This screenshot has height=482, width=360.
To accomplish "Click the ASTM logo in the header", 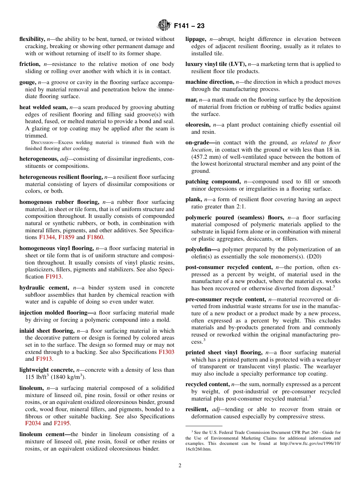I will point(164,26).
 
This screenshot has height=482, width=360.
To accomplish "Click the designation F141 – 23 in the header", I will point(189,26).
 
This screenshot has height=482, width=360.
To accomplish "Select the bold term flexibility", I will point(32,39).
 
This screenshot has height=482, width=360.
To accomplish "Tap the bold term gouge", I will point(27,82).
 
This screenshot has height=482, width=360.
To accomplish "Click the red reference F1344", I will point(47,238).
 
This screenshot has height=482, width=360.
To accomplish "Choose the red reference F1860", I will point(95,238).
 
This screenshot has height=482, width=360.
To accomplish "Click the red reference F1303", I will point(166,352).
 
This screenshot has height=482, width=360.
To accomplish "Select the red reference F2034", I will point(33,423).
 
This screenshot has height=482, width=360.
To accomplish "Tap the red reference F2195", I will point(62,423).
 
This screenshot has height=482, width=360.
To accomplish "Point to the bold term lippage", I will point(196,39).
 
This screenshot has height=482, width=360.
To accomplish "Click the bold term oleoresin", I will point(198,125).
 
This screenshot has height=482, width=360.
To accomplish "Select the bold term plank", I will point(193,199).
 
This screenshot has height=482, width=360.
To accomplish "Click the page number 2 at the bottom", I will point(180,466).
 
